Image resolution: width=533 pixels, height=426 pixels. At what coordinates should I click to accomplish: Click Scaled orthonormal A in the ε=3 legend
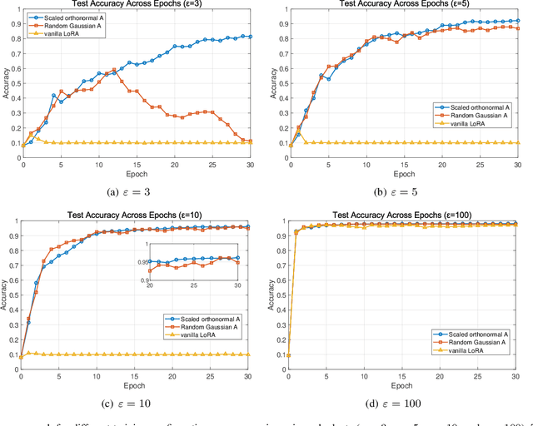point(72,17)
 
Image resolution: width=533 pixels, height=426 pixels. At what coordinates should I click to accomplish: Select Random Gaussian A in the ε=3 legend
point(70,26)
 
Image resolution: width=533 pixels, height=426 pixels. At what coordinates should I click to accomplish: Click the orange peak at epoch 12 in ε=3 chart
point(114,70)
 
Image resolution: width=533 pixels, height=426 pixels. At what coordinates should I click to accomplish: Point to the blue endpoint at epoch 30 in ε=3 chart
point(250,37)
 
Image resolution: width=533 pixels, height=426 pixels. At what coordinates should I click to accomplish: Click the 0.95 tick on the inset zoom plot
point(140,260)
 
